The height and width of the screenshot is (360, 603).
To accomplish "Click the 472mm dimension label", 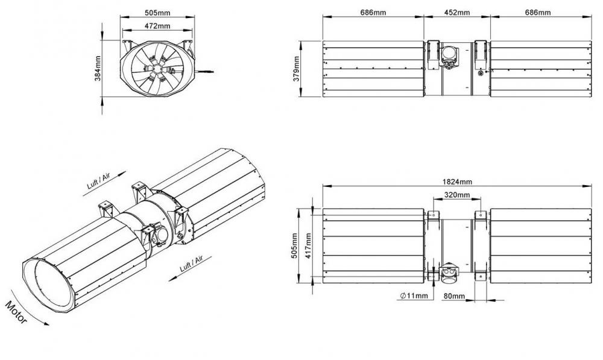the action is click(x=157, y=26).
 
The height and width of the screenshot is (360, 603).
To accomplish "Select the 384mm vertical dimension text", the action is click(x=98, y=69).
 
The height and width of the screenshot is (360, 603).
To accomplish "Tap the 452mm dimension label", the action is click(x=457, y=12).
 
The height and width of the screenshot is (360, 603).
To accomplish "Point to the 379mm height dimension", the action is click(x=296, y=69).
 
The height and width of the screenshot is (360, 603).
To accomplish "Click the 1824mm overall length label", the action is click(x=457, y=182).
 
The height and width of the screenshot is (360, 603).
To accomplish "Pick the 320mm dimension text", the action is click(x=457, y=195).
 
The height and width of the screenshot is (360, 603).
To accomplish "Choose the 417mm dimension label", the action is click(x=308, y=246).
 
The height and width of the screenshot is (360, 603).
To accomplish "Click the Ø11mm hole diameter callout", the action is click(x=414, y=295).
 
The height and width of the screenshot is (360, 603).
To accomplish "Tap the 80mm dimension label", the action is click(x=454, y=296).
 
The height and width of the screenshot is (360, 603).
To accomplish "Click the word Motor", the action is click(x=16, y=312).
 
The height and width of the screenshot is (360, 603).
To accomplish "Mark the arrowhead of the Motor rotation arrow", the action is click(x=46, y=324).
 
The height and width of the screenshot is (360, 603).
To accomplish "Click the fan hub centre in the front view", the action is click(x=157, y=69).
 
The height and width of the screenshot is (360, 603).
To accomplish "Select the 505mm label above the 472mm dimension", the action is click(x=157, y=13).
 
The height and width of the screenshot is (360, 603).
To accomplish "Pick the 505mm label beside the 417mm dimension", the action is click(x=294, y=246).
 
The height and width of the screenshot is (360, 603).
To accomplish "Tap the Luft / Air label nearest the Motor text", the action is click(x=191, y=264).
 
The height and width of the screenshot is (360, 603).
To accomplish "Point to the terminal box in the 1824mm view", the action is click(x=449, y=274).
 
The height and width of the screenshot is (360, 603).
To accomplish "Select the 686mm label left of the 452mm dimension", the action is click(x=373, y=12).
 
